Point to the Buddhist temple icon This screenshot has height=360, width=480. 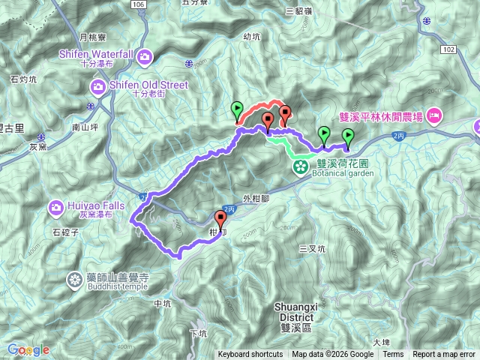point(75,280)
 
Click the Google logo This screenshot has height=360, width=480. point(28,350)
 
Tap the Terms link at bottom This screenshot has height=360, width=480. point(392,355)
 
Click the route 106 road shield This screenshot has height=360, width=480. point(135,4)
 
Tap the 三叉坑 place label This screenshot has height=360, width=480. point(312,248)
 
